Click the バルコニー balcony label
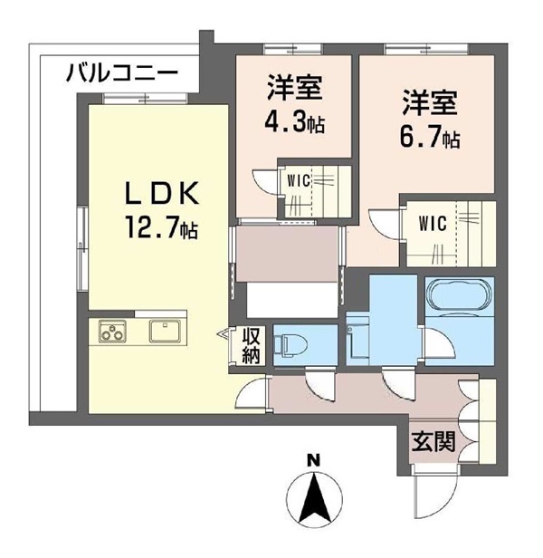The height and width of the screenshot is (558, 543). coord(122,72)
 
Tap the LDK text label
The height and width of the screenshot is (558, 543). coord(162,194)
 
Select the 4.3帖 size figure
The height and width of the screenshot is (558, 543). coord(294,122)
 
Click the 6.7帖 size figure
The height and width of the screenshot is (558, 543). coord(430,138)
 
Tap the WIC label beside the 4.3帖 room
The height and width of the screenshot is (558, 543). coord(299,181)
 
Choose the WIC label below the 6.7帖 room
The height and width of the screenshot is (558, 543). coord(433,224)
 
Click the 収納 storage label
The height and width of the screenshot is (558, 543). coord(251,346)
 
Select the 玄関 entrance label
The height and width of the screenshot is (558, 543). coord(433,442)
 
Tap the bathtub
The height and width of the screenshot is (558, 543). coord(460,296)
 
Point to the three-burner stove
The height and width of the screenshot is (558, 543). coord(112,332)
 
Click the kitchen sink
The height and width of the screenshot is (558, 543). coord(165,332)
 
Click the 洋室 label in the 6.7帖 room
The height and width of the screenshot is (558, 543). coord(430,103)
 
